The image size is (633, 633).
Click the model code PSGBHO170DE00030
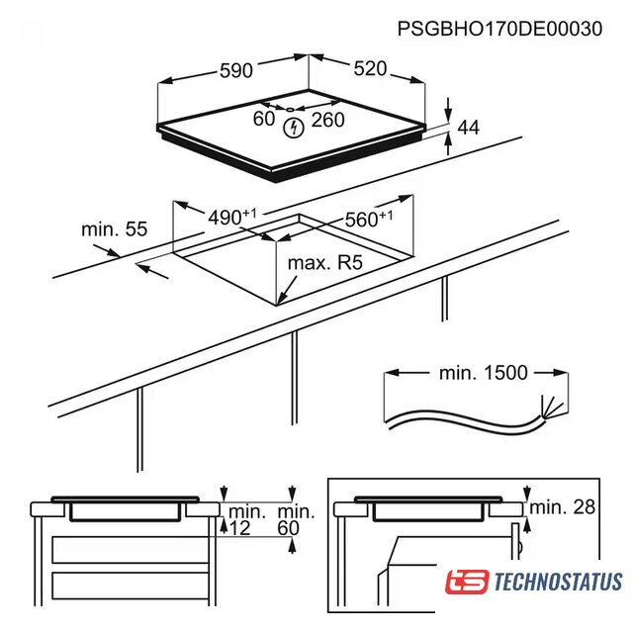[x=499, y=29]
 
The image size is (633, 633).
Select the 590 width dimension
[x=236, y=70]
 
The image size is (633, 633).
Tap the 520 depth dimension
[x=370, y=68]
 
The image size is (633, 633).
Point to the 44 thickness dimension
[x=468, y=128]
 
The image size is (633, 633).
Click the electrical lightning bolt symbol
[x=294, y=128]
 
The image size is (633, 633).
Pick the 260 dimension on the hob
[x=327, y=120]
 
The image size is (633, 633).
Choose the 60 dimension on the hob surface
[x=264, y=119]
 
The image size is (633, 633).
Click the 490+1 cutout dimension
[x=232, y=217]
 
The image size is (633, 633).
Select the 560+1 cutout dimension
[x=369, y=219]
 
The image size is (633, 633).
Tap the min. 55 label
[x=115, y=229]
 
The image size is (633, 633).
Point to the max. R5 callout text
[x=325, y=263]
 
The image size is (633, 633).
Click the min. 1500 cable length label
[x=484, y=373]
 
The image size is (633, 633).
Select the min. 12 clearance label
[x=246, y=520]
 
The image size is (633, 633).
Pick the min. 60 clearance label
[x=296, y=520]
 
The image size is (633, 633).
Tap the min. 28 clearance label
[x=563, y=507]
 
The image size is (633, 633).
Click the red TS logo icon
[x=467, y=582]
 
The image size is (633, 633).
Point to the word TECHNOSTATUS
[x=558, y=582]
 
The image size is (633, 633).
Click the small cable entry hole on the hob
[x=290, y=109]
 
